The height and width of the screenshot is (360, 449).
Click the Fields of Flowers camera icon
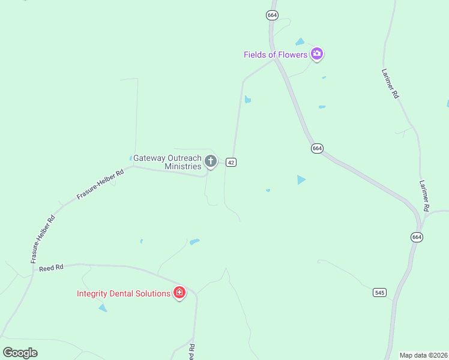click(317, 55)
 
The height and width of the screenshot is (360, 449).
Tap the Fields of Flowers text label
click(276, 55)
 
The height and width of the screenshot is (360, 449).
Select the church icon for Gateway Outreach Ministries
click(210, 161)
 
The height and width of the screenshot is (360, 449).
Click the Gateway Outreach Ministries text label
click(167, 162)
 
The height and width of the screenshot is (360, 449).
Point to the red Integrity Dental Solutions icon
click(179, 293)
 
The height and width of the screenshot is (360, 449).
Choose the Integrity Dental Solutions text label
click(124, 293)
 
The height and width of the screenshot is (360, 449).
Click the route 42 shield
click(231, 162)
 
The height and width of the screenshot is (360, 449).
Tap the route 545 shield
click(379, 292)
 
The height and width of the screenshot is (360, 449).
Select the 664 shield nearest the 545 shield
click(417, 237)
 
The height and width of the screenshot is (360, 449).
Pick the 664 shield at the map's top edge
click(273, 15)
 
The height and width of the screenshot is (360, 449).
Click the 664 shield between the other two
click(317, 148)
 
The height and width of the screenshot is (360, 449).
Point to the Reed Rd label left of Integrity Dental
click(51, 268)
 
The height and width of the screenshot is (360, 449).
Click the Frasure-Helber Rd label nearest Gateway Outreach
click(100, 184)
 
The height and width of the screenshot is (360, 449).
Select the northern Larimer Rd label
click(390, 83)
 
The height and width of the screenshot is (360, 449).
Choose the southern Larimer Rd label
click(424, 196)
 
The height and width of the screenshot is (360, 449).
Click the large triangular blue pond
click(301, 179)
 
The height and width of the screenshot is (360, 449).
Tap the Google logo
click(20, 353)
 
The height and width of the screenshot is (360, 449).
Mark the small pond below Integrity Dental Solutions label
click(103, 308)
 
